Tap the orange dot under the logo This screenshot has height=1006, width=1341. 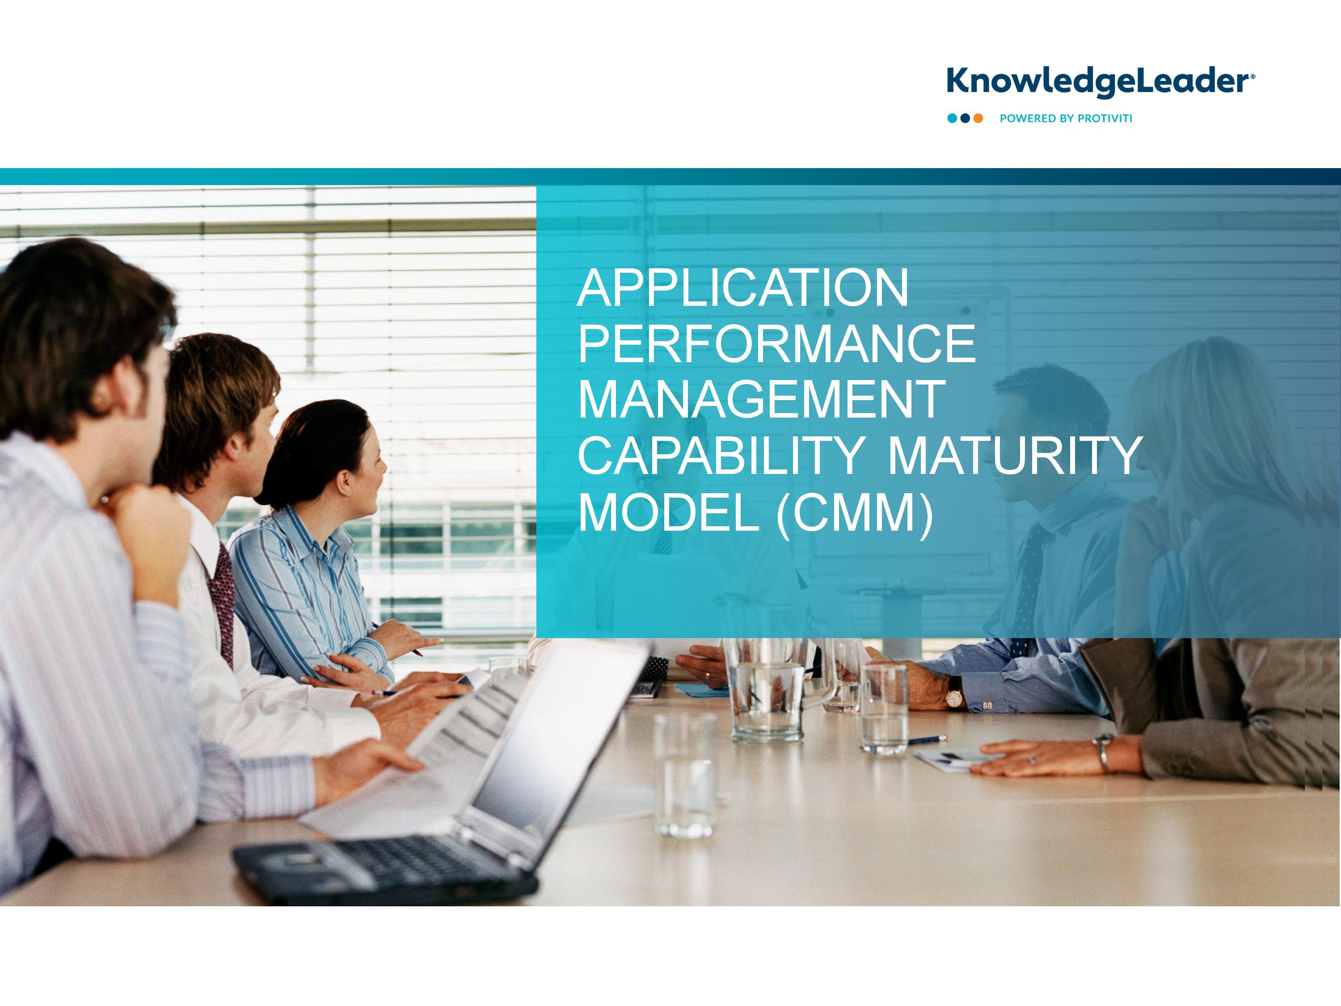[x=978, y=118]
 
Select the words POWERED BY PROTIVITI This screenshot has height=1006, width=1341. [x=1066, y=118]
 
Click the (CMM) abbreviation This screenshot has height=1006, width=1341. [x=855, y=513]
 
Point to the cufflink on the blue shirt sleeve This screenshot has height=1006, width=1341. [x=987, y=706]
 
